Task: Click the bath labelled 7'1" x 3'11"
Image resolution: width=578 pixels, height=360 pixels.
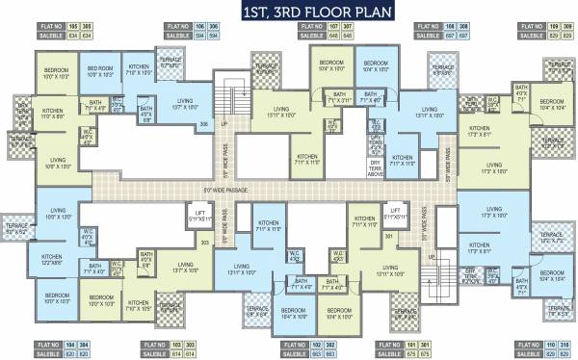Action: click(x=338, y=100)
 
